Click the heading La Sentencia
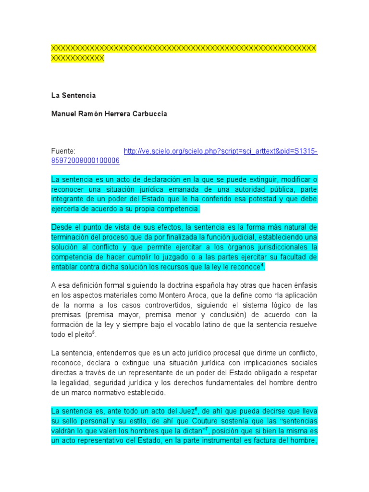74,95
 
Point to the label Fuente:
63,151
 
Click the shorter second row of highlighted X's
77,58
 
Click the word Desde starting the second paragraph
62,227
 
